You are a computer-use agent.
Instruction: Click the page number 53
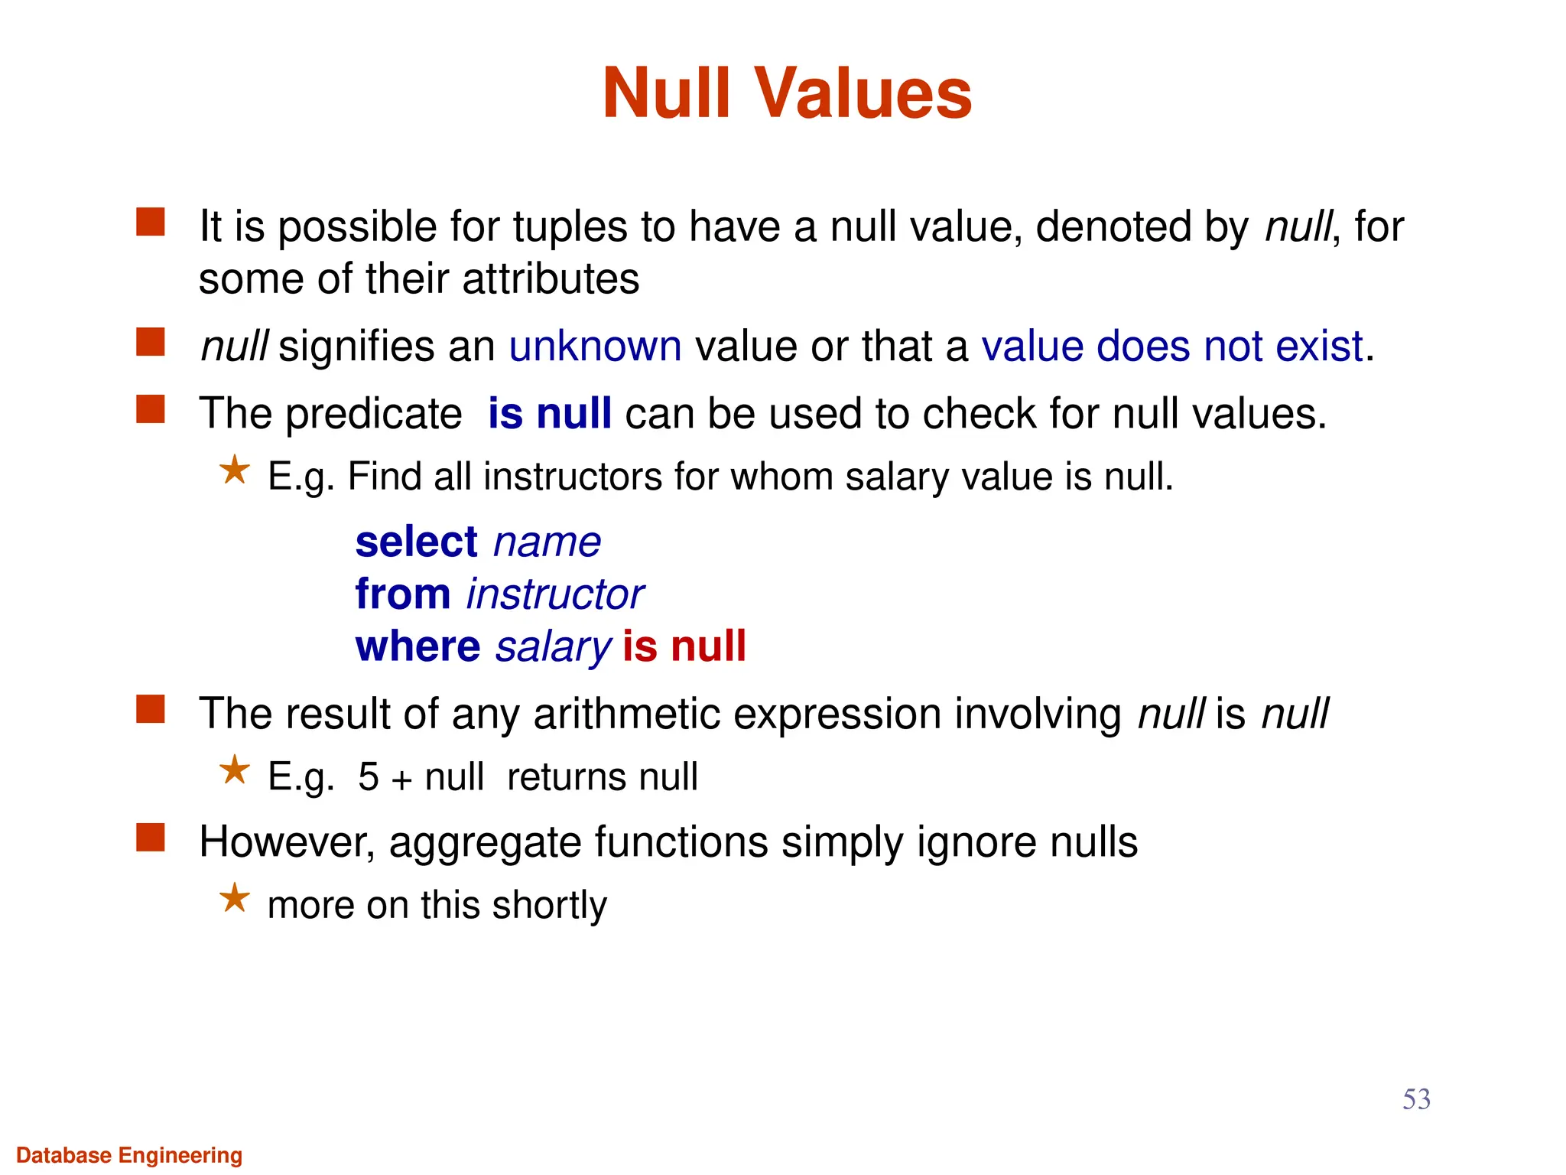pos(1416,1099)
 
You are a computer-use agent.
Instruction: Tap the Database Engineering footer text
pos(129,1155)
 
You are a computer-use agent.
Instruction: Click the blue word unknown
pos(595,347)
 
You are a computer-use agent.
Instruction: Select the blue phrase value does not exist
pos(1172,347)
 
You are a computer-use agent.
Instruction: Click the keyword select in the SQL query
pos(417,542)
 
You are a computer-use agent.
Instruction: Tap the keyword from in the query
pos(403,594)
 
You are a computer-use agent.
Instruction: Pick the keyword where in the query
pos(417,646)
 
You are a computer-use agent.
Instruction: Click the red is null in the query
pos(684,646)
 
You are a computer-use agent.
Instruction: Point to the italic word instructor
pos(555,595)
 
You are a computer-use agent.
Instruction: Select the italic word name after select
pos(547,543)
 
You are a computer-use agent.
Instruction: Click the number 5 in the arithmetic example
pos(369,777)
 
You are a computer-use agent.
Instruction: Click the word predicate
pos(373,415)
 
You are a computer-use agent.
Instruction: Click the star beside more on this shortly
pos(235,898)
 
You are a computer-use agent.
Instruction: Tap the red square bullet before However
pos(151,837)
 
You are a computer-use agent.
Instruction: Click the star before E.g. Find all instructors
pos(235,470)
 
